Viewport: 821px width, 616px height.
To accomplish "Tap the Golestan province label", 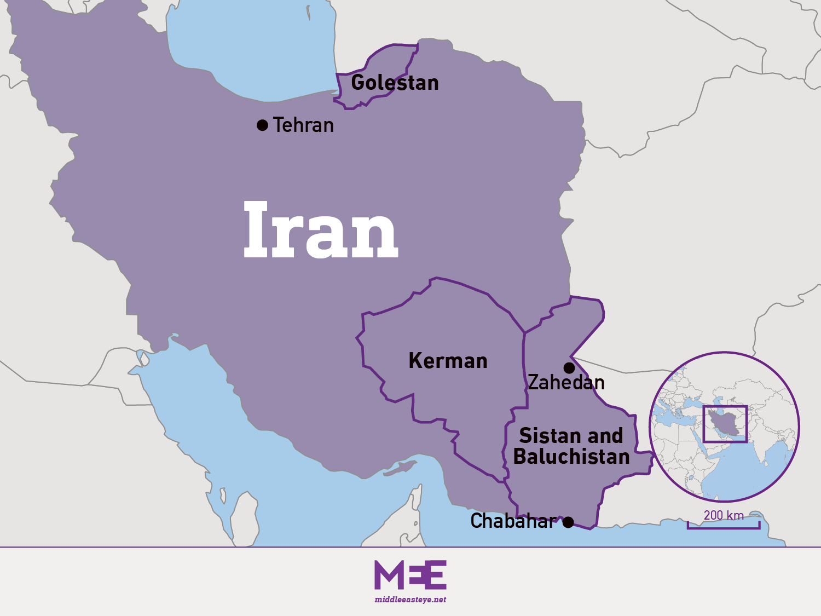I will point(395,83).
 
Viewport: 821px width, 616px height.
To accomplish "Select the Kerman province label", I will point(448,361).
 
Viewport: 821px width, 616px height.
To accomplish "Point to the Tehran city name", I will point(303,125).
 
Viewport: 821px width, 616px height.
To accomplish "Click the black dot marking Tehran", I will point(262,125).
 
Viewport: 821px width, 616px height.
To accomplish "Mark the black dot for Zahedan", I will point(569,367).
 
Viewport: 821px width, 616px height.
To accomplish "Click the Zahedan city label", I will point(566,382).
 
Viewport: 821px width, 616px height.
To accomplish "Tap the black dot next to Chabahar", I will point(568,522).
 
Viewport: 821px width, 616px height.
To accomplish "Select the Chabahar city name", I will point(513,521).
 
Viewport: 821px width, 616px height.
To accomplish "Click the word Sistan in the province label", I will point(549,436).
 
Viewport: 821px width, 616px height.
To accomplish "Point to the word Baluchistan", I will point(571,457).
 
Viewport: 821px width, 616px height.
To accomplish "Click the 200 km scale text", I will point(724,515).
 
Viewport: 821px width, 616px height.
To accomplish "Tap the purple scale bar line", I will point(724,528).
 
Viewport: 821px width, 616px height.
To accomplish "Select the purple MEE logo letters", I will point(410,575).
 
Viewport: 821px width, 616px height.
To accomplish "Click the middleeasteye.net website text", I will point(410,600).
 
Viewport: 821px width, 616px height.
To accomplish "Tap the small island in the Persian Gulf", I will point(401,469).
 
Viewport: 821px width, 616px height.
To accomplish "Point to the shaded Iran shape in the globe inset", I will point(724,423).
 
